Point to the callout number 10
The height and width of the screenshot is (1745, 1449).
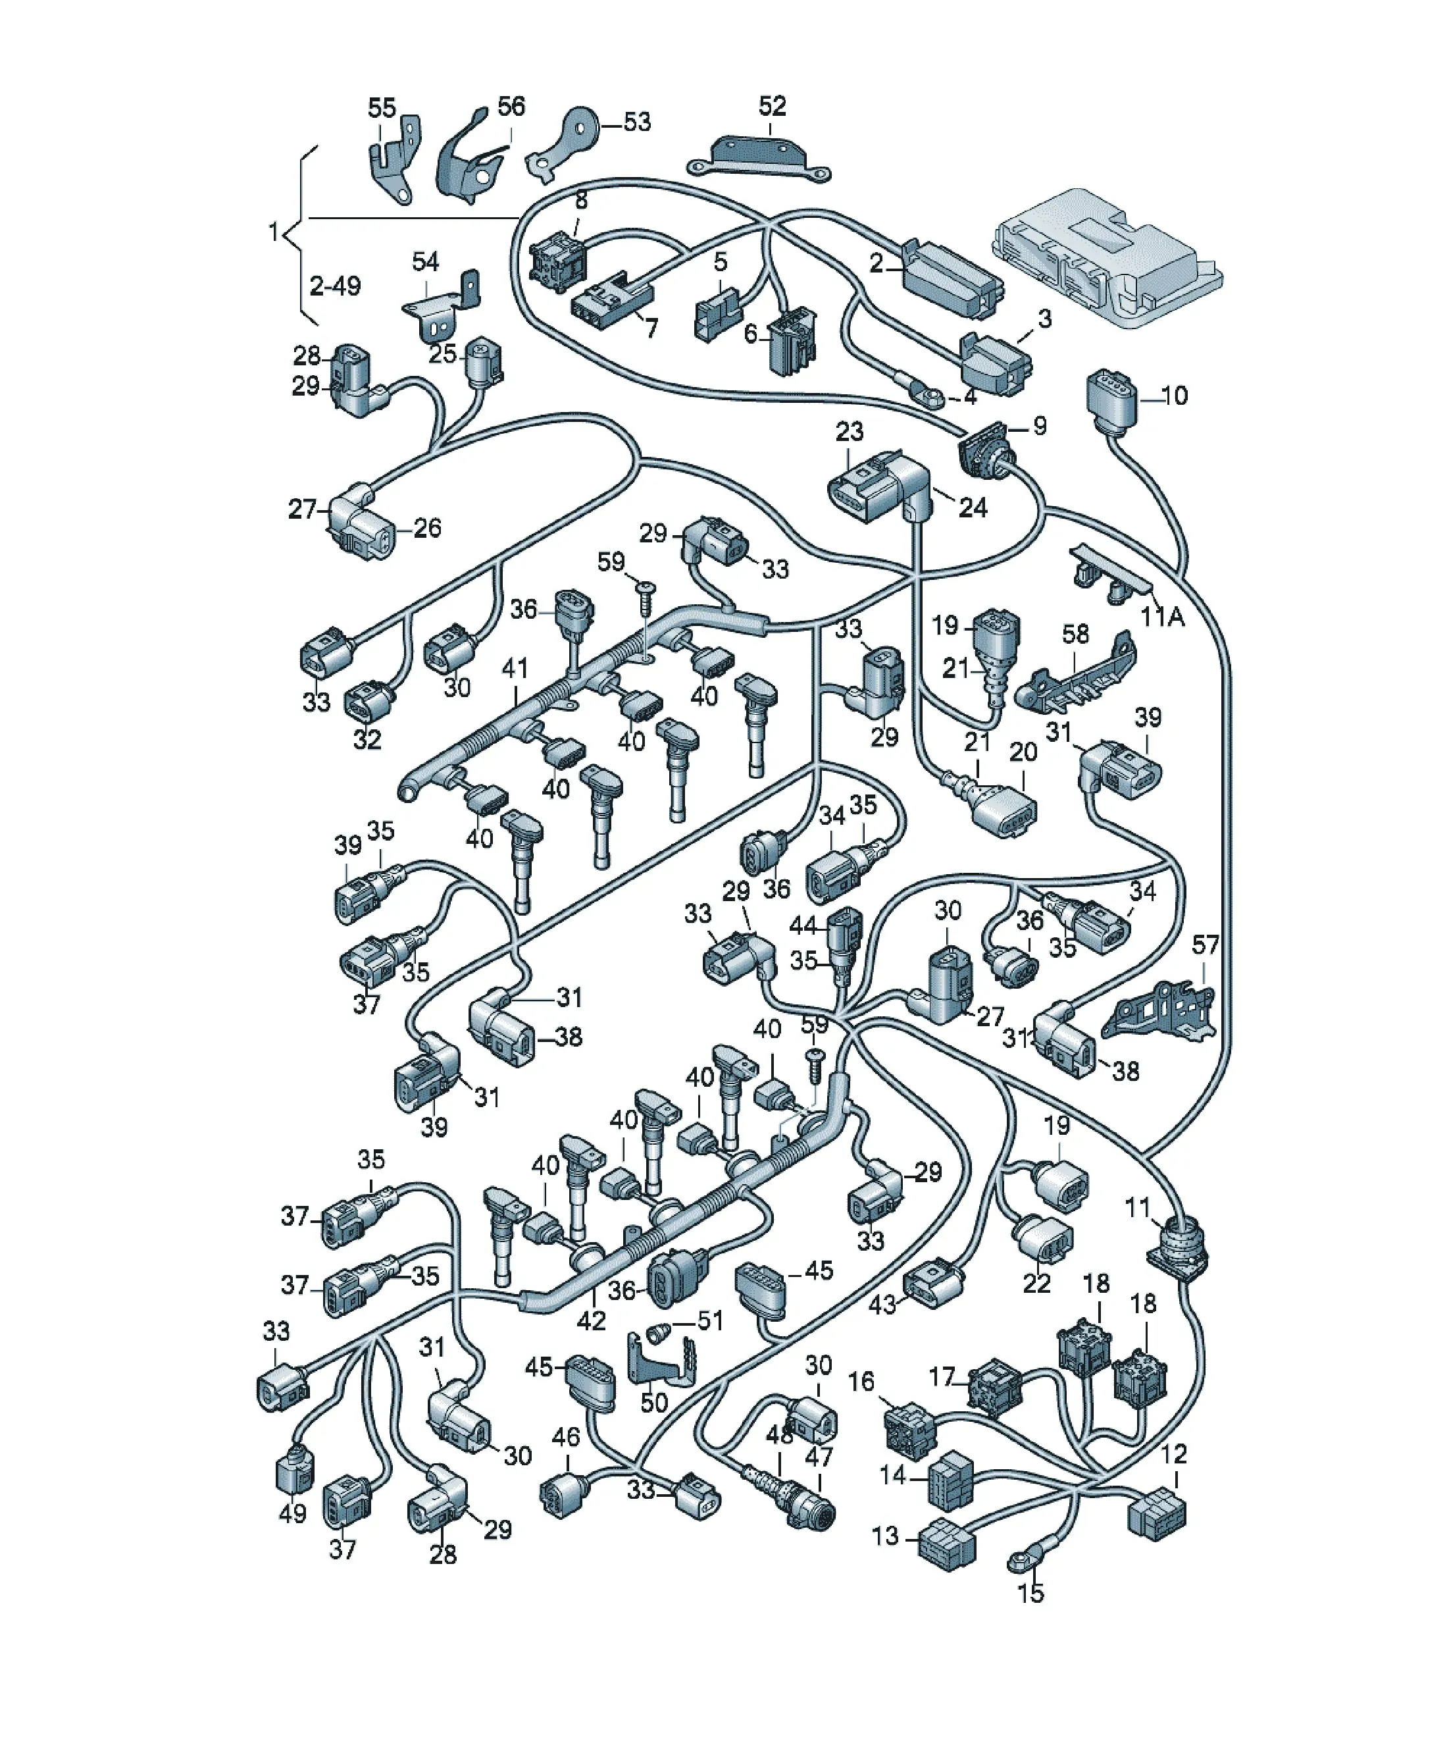[1175, 396]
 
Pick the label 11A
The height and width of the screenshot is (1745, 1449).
[1162, 617]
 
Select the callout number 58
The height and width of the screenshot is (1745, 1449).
[1075, 634]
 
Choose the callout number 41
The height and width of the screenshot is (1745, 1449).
[515, 669]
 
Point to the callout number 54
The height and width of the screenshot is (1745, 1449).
[425, 262]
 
